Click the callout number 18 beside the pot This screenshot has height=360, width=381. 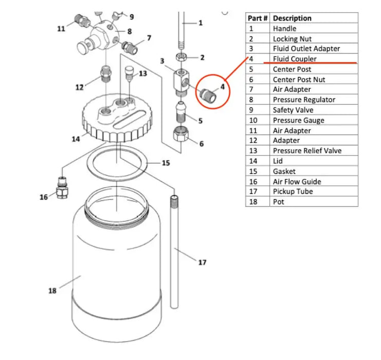click(x=52, y=291)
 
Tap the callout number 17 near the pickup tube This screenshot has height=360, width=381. click(x=202, y=262)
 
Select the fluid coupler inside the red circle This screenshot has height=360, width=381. click(x=208, y=95)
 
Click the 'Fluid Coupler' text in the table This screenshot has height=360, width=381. click(x=295, y=59)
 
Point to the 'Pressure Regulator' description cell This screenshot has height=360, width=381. click(x=304, y=100)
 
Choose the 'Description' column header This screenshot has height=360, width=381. click(x=292, y=18)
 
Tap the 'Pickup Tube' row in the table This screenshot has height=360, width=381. click(x=293, y=191)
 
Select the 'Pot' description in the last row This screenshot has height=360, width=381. click(x=278, y=202)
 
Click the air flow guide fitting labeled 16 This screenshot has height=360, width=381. click(x=62, y=189)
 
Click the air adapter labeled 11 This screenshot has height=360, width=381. click(x=81, y=20)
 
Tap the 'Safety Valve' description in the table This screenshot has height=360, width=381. click(x=293, y=110)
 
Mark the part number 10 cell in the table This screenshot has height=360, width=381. click(x=252, y=120)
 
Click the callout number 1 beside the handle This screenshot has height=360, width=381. click(x=201, y=23)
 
